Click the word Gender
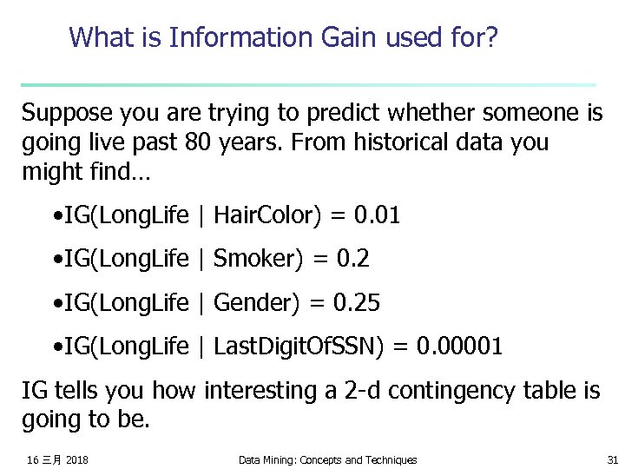click(252, 303)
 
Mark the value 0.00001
click(459, 347)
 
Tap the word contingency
click(442, 392)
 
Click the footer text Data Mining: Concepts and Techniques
click(327, 459)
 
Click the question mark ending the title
click(492, 37)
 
